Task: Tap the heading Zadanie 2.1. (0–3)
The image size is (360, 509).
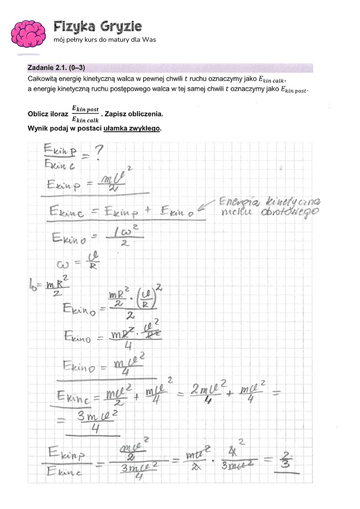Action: pyautogui.click(x=56, y=68)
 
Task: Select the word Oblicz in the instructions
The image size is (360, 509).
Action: pyautogui.click(x=38, y=114)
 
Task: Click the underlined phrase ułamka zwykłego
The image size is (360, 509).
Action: pyautogui.click(x=132, y=128)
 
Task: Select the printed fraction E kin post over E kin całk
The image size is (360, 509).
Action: pyautogui.click(x=86, y=114)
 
